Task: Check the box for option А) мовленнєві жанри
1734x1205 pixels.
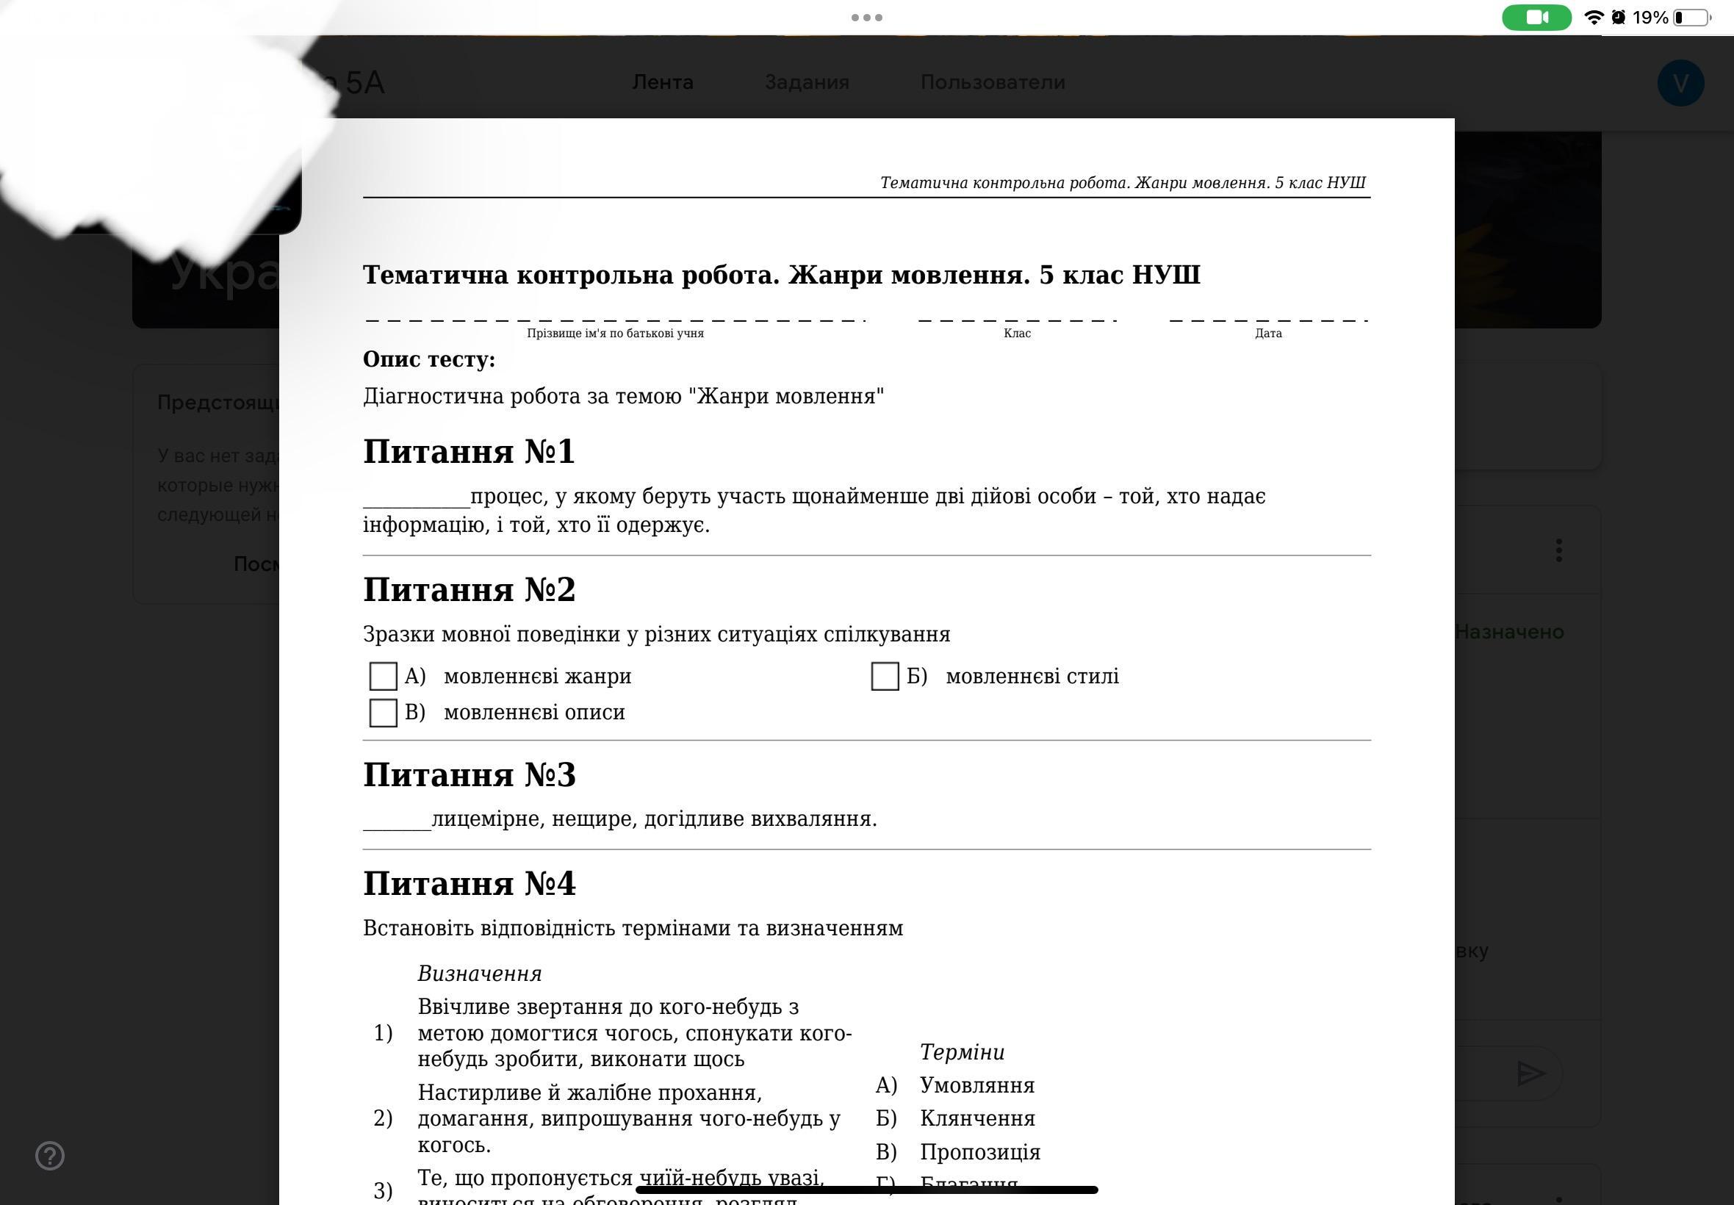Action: (383, 677)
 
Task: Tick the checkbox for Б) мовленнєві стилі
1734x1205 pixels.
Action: (885, 677)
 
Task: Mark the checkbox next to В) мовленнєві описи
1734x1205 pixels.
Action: (383, 713)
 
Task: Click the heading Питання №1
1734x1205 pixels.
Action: (469, 451)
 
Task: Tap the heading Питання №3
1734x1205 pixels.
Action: (469, 774)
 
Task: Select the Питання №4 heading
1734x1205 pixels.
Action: (469, 883)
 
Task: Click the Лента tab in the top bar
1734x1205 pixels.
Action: (662, 82)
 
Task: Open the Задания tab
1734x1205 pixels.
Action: (806, 82)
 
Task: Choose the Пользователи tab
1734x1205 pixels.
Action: (992, 82)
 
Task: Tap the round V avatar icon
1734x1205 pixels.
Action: (1680, 83)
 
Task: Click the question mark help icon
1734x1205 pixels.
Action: (50, 1156)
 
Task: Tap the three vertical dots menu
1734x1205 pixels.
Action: (1558, 550)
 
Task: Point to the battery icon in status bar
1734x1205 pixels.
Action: (1691, 18)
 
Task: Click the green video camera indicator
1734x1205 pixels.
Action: (1536, 18)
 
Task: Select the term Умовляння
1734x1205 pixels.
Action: (976, 1086)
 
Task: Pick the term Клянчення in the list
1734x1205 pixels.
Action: (976, 1119)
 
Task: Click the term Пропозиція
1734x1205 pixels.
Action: (980, 1152)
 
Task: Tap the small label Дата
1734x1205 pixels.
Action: (1268, 334)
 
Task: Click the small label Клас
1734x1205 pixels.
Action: (1017, 334)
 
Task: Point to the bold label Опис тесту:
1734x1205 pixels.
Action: (429, 359)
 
